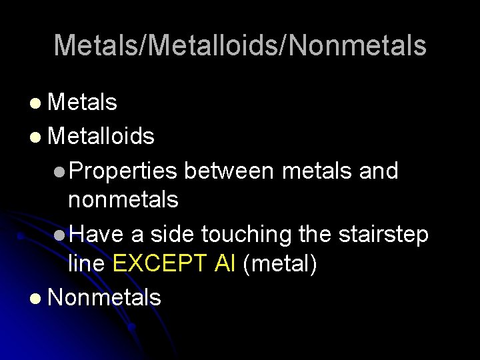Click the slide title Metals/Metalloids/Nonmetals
click(x=240, y=46)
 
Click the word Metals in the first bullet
click(x=83, y=103)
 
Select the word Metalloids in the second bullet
click(x=101, y=137)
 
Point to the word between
click(x=229, y=171)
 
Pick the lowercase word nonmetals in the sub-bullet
click(x=123, y=199)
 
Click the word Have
click(x=96, y=234)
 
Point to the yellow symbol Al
click(x=225, y=264)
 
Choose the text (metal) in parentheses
click(x=279, y=264)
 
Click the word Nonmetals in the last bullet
click(x=105, y=297)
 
